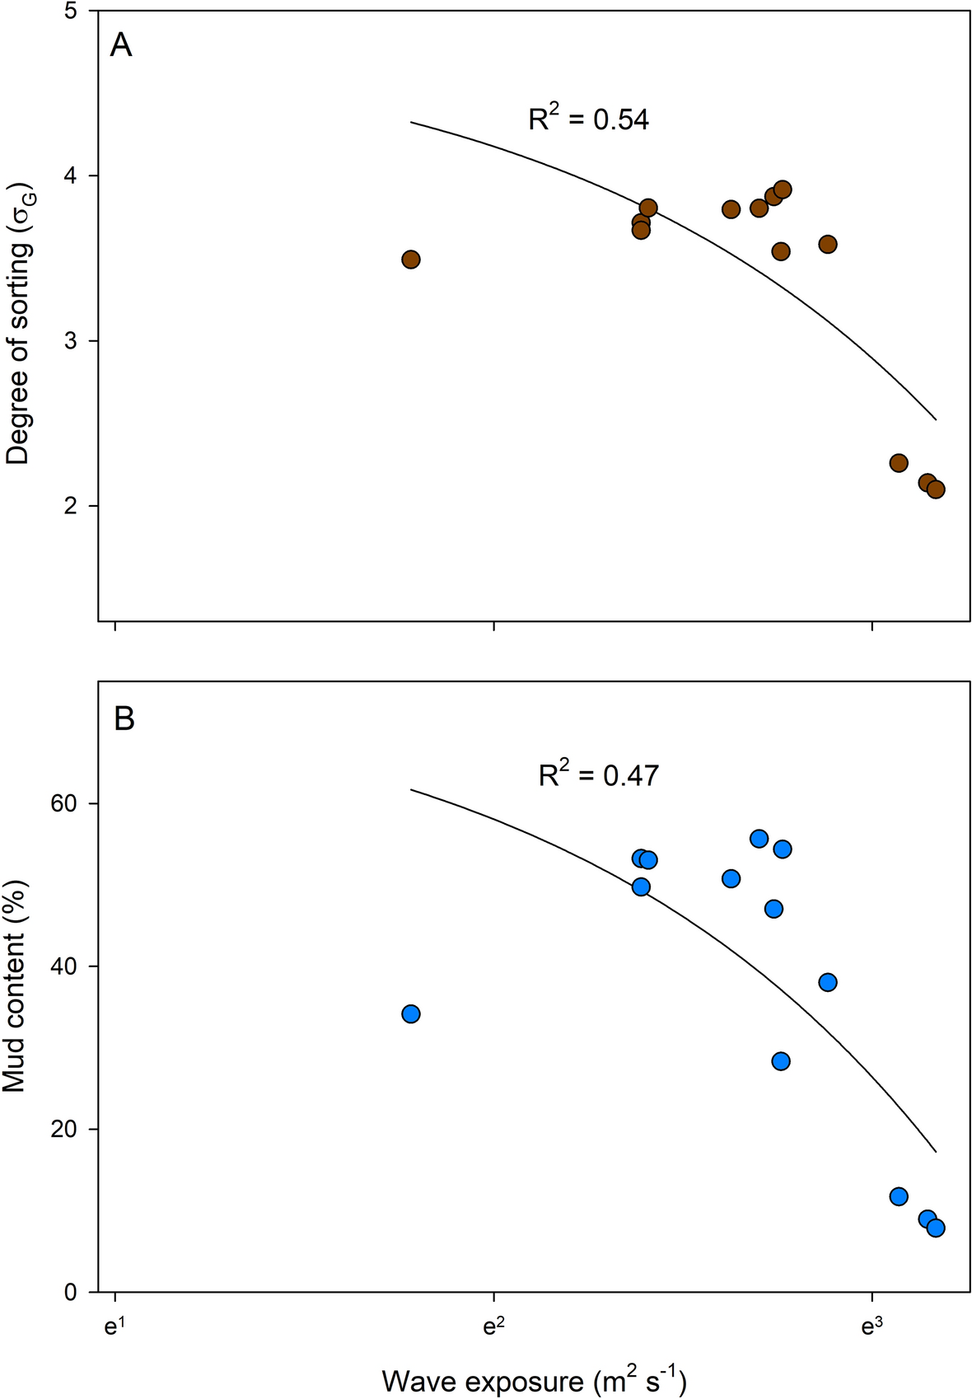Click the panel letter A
pyautogui.click(x=121, y=45)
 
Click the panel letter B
pyautogui.click(x=124, y=719)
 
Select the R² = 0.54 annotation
pyautogui.click(x=588, y=119)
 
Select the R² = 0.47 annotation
pyautogui.click(x=599, y=774)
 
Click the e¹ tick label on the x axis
pyautogui.click(x=115, y=1328)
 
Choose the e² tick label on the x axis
pyautogui.click(x=493, y=1328)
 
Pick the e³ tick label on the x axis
pyautogui.click(x=872, y=1328)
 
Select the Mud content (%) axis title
pyautogui.click(x=15, y=987)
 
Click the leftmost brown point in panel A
pyautogui.click(x=411, y=260)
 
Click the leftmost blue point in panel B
pyautogui.click(x=411, y=1013)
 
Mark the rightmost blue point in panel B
pyautogui.click(x=936, y=1228)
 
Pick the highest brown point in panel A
pyautogui.click(x=783, y=189)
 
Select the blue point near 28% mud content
pyautogui.click(x=781, y=1061)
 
